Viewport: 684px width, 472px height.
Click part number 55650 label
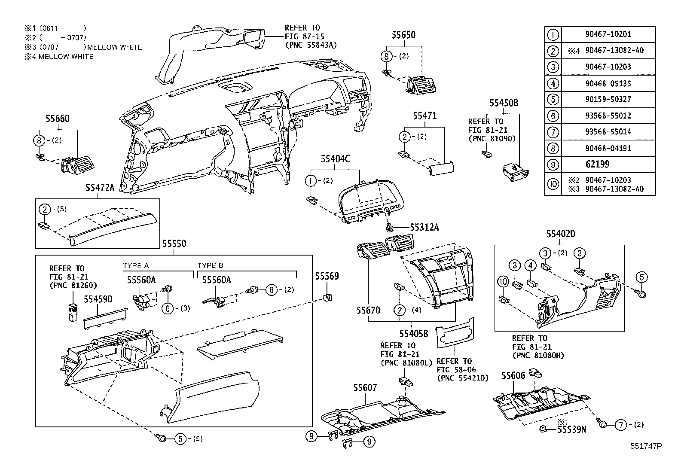[x=403, y=35]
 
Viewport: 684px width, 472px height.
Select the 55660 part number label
[x=58, y=119]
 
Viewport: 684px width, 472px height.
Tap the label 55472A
[x=99, y=187]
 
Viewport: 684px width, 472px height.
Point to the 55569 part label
[x=327, y=276]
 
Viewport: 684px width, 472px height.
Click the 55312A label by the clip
[x=424, y=228]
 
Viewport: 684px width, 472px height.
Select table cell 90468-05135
[x=608, y=83]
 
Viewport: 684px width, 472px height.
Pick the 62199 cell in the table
[x=598, y=164]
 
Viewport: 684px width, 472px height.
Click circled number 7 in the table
[x=553, y=132]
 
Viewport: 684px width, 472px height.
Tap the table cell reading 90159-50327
[x=608, y=99]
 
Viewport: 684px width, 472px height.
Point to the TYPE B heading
[x=210, y=265]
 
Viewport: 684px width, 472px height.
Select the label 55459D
[x=98, y=299]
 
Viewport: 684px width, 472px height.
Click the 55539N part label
[x=571, y=429]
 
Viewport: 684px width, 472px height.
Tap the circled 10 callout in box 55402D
[x=503, y=282]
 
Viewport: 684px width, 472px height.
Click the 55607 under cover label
[x=365, y=388]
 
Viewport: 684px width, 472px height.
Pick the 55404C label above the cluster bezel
[x=335, y=159]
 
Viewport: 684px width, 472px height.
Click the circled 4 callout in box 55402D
[x=531, y=266]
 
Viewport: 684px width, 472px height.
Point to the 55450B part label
[x=504, y=103]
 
